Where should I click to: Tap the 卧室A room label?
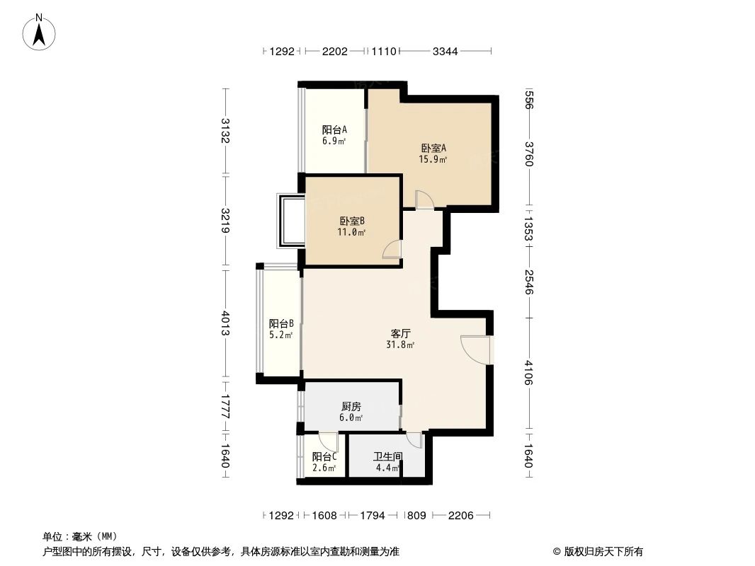pyautogui.click(x=433, y=148)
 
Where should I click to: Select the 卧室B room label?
pyautogui.click(x=352, y=221)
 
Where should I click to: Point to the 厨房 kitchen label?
pyautogui.click(x=351, y=407)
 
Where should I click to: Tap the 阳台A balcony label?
pyautogui.click(x=334, y=129)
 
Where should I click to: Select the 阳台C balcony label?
pyautogui.click(x=324, y=456)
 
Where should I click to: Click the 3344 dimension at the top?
pyautogui.click(x=445, y=51)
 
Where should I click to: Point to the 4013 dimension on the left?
pyautogui.click(x=226, y=323)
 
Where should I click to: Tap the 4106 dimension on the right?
pyautogui.click(x=528, y=373)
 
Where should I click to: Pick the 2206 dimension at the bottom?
pyautogui.click(x=460, y=516)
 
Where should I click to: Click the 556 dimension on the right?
pyautogui.click(x=528, y=100)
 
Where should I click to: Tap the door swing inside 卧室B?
pyautogui.click(x=392, y=250)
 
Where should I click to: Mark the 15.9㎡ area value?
pyautogui.click(x=433, y=160)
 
